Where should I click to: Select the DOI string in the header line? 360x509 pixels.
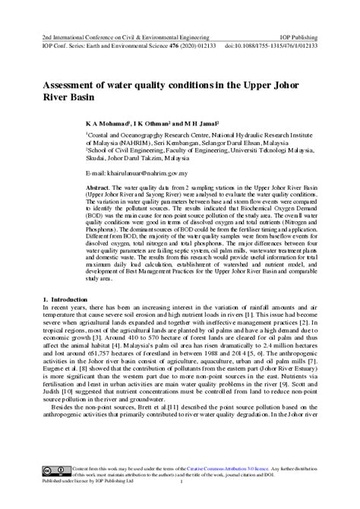click(x=270, y=46)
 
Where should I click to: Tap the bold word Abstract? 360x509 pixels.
click(x=99, y=187)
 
